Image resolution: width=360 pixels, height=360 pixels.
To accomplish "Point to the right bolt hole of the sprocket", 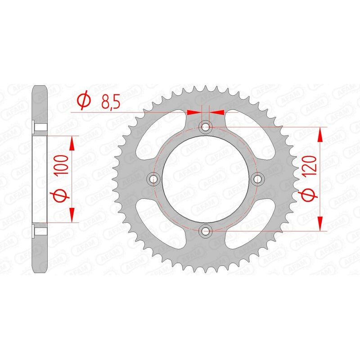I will click(258, 179).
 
